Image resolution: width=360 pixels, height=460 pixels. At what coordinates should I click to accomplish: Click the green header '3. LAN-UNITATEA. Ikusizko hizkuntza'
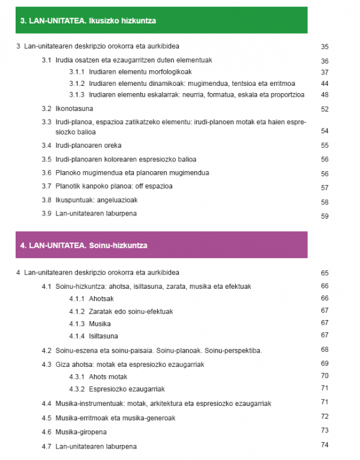point(88,21)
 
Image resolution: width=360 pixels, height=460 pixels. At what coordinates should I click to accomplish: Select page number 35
point(325,47)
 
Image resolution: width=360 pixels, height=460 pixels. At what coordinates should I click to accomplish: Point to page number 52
point(325,109)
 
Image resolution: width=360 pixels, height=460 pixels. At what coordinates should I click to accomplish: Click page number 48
point(325,95)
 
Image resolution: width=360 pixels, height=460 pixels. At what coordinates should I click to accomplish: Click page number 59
point(325,216)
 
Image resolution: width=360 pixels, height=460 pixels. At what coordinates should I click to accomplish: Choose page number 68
point(325,350)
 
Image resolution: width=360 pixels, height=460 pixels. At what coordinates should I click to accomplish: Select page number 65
point(325,274)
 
